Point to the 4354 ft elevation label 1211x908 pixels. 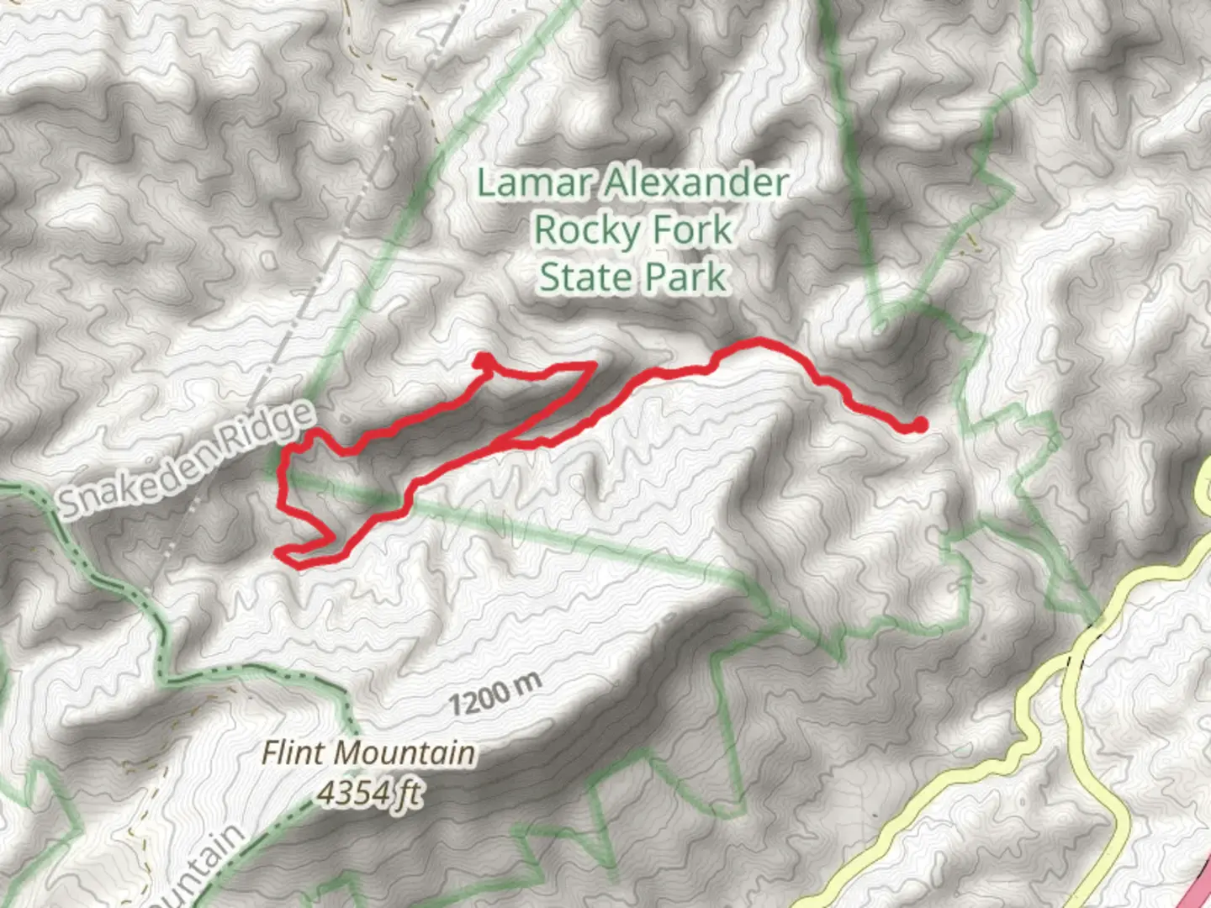371,792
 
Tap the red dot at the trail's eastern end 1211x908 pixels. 919,425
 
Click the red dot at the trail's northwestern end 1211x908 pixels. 483,361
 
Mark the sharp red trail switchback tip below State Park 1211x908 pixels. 594,365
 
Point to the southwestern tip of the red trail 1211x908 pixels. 281,553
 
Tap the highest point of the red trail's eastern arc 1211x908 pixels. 759,341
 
